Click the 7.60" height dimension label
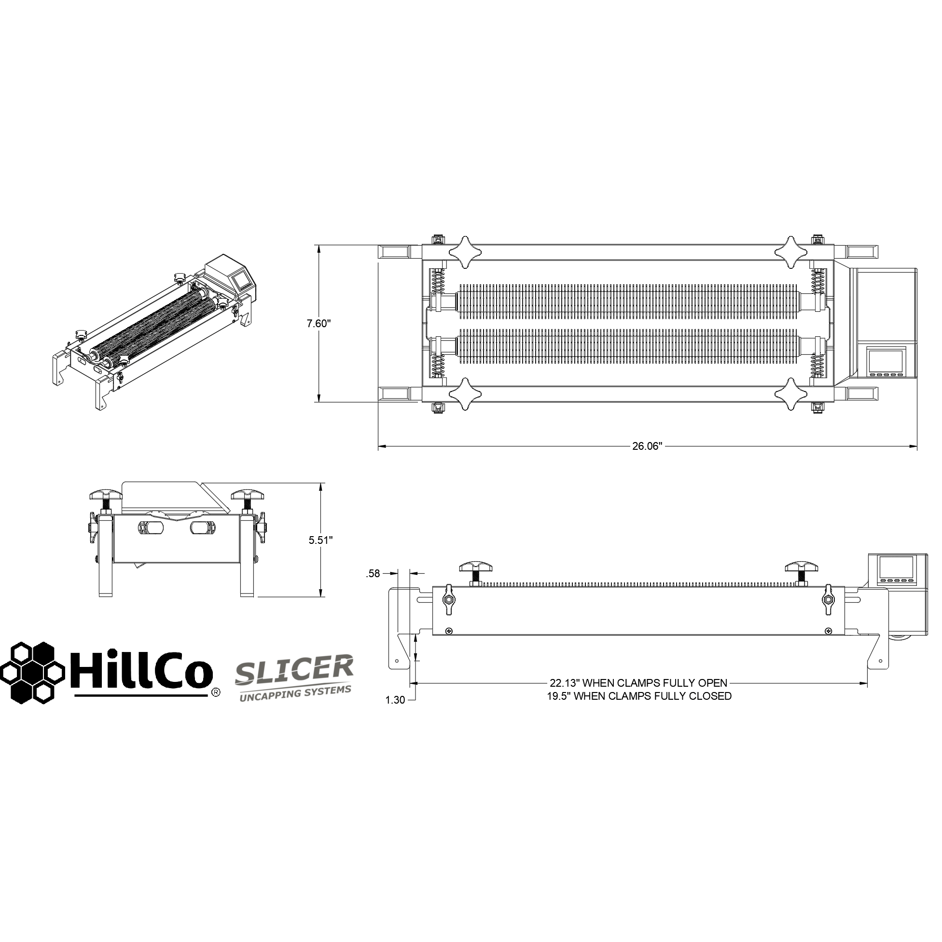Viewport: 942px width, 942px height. [319, 323]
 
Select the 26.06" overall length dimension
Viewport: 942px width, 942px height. [647, 446]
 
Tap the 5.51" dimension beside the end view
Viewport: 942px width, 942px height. [321, 540]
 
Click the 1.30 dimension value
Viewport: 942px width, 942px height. [395, 700]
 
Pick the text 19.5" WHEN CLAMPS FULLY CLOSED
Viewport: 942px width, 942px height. [639, 696]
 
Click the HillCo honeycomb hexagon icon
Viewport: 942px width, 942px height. [32, 672]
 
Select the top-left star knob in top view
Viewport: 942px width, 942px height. [464, 252]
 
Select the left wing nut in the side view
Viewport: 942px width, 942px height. [448, 605]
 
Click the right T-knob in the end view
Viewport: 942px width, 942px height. [248, 496]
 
